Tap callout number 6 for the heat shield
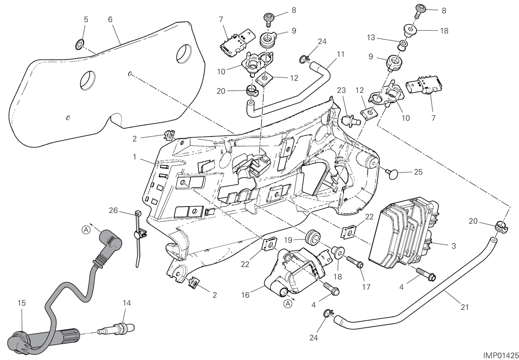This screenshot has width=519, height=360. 110,19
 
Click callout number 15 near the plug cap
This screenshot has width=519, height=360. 22,303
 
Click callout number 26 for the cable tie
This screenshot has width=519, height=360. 113,210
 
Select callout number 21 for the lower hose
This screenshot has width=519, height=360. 465,307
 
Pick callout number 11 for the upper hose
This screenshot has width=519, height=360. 341,54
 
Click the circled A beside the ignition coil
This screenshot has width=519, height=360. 288,304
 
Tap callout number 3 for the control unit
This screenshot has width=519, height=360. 454,246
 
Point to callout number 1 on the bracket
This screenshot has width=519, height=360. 135,157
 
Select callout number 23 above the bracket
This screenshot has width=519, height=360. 341,90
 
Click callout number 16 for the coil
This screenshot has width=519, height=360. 245,295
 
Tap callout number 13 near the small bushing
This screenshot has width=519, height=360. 371,37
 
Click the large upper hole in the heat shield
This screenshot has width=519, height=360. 184,54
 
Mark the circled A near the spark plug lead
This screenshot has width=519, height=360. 86,229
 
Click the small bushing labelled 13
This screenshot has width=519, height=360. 403,45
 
